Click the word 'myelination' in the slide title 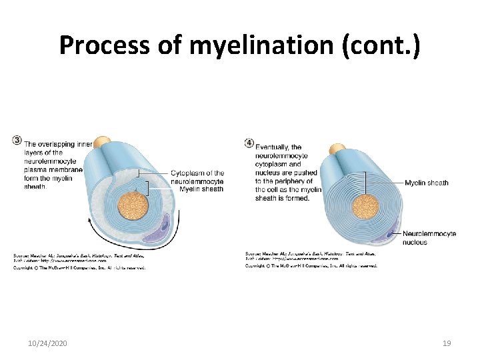click(x=265, y=45)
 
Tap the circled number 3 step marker click(x=17, y=140)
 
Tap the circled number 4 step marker click(x=249, y=142)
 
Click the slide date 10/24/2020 click(x=47, y=343)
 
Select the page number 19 click(x=447, y=343)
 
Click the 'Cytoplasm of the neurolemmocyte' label click(x=197, y=177)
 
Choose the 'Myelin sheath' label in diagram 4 click(x=426, y=183)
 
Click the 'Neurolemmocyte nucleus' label click(x=429, y=238)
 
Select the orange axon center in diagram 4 click(x=365, y=206)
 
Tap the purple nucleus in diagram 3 click(x=162, y=226)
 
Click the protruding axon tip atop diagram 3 click(x=102, y=143)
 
